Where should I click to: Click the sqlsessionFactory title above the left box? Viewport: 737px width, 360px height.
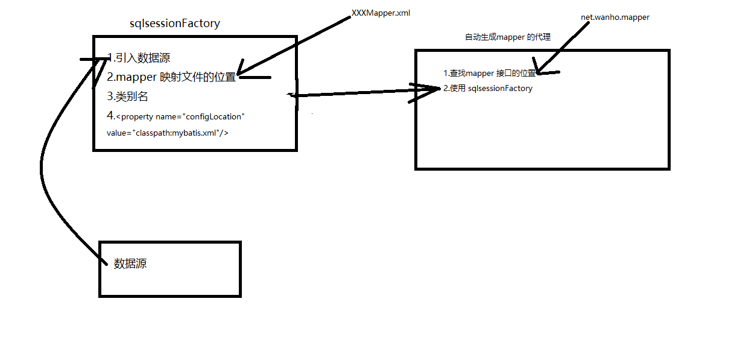click(x=175, y=24)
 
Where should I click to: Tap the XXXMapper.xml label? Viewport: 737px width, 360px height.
click(x=381, y=13)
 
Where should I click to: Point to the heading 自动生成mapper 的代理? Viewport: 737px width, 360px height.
click(x=507, y=37)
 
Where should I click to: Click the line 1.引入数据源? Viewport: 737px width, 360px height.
click(x=138, y=58)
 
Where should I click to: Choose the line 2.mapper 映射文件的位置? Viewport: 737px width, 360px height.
click(x=171, y=77)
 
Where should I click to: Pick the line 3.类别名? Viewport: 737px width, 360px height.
click(x=127, y=96)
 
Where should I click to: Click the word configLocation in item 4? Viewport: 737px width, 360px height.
click(x=218, y=116)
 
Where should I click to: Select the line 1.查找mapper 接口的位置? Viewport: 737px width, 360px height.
click(x=489, y=73)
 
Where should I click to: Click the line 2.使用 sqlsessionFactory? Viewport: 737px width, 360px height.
click(x=488, y=89)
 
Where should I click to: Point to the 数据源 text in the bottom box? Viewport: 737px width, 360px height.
click(x=130, y=264)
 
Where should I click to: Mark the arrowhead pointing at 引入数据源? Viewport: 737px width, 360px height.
click(x=104, y=59)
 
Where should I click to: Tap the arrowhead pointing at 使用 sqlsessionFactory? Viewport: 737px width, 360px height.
click(x=435, y=89)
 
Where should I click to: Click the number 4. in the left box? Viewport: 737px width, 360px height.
click(x=111, y=115)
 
